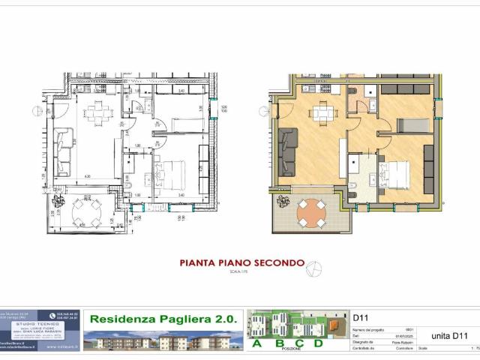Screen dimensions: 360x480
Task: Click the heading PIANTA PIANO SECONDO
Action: tap(241, 263)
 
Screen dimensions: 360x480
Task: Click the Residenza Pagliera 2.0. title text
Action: tap(163, 319)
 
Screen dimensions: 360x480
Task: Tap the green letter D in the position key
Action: tap(318, 343)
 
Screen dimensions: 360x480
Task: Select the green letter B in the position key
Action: tap(279, 343)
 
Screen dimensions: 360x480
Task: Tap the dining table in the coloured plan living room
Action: tap(323, 113)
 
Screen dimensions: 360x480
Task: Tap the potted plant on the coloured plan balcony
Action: tap(283, 202)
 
